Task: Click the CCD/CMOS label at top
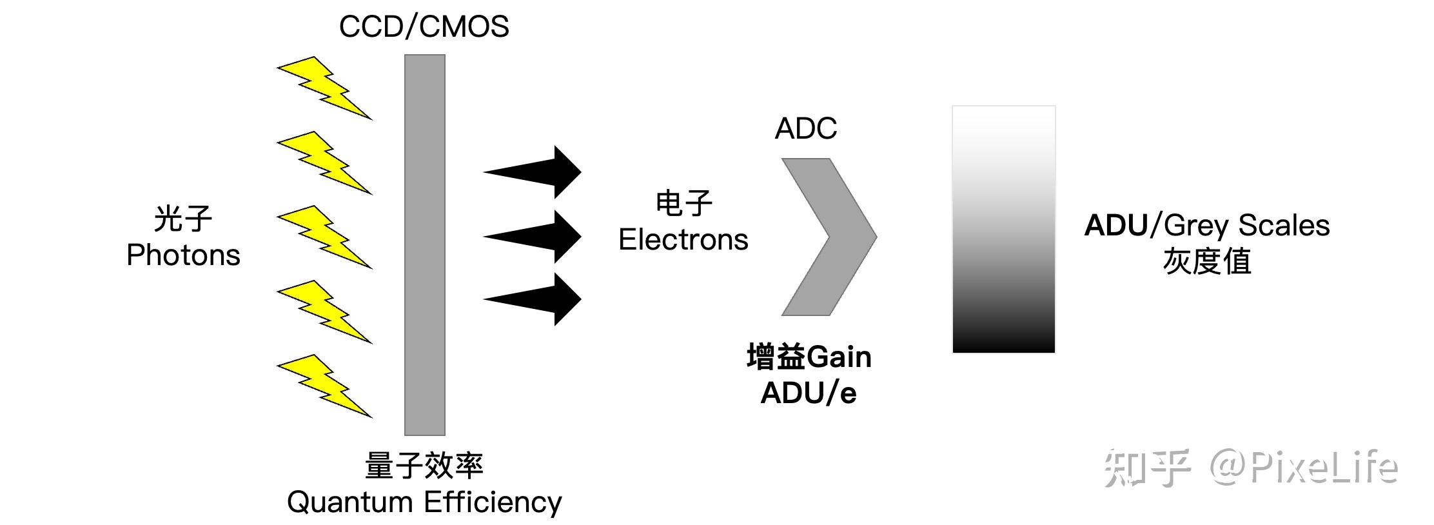click(x=424, y=27)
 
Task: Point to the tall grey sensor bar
click(x=424, y=245)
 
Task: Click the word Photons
click(x=183, y=255)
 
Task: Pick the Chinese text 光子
click(x=183, y=219)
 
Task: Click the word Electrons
click(x=683, y=240)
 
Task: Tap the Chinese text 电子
click(x=683, y=204)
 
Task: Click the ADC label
click(x=805, y=128)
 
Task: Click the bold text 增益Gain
click(x=809, y=357)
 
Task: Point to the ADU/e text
click(x=809, y=393)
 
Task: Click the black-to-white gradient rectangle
click(x=1003, y=230)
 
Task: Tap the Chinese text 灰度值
click(x=1206, y=262)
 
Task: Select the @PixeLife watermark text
click(x=1302, y=467)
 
